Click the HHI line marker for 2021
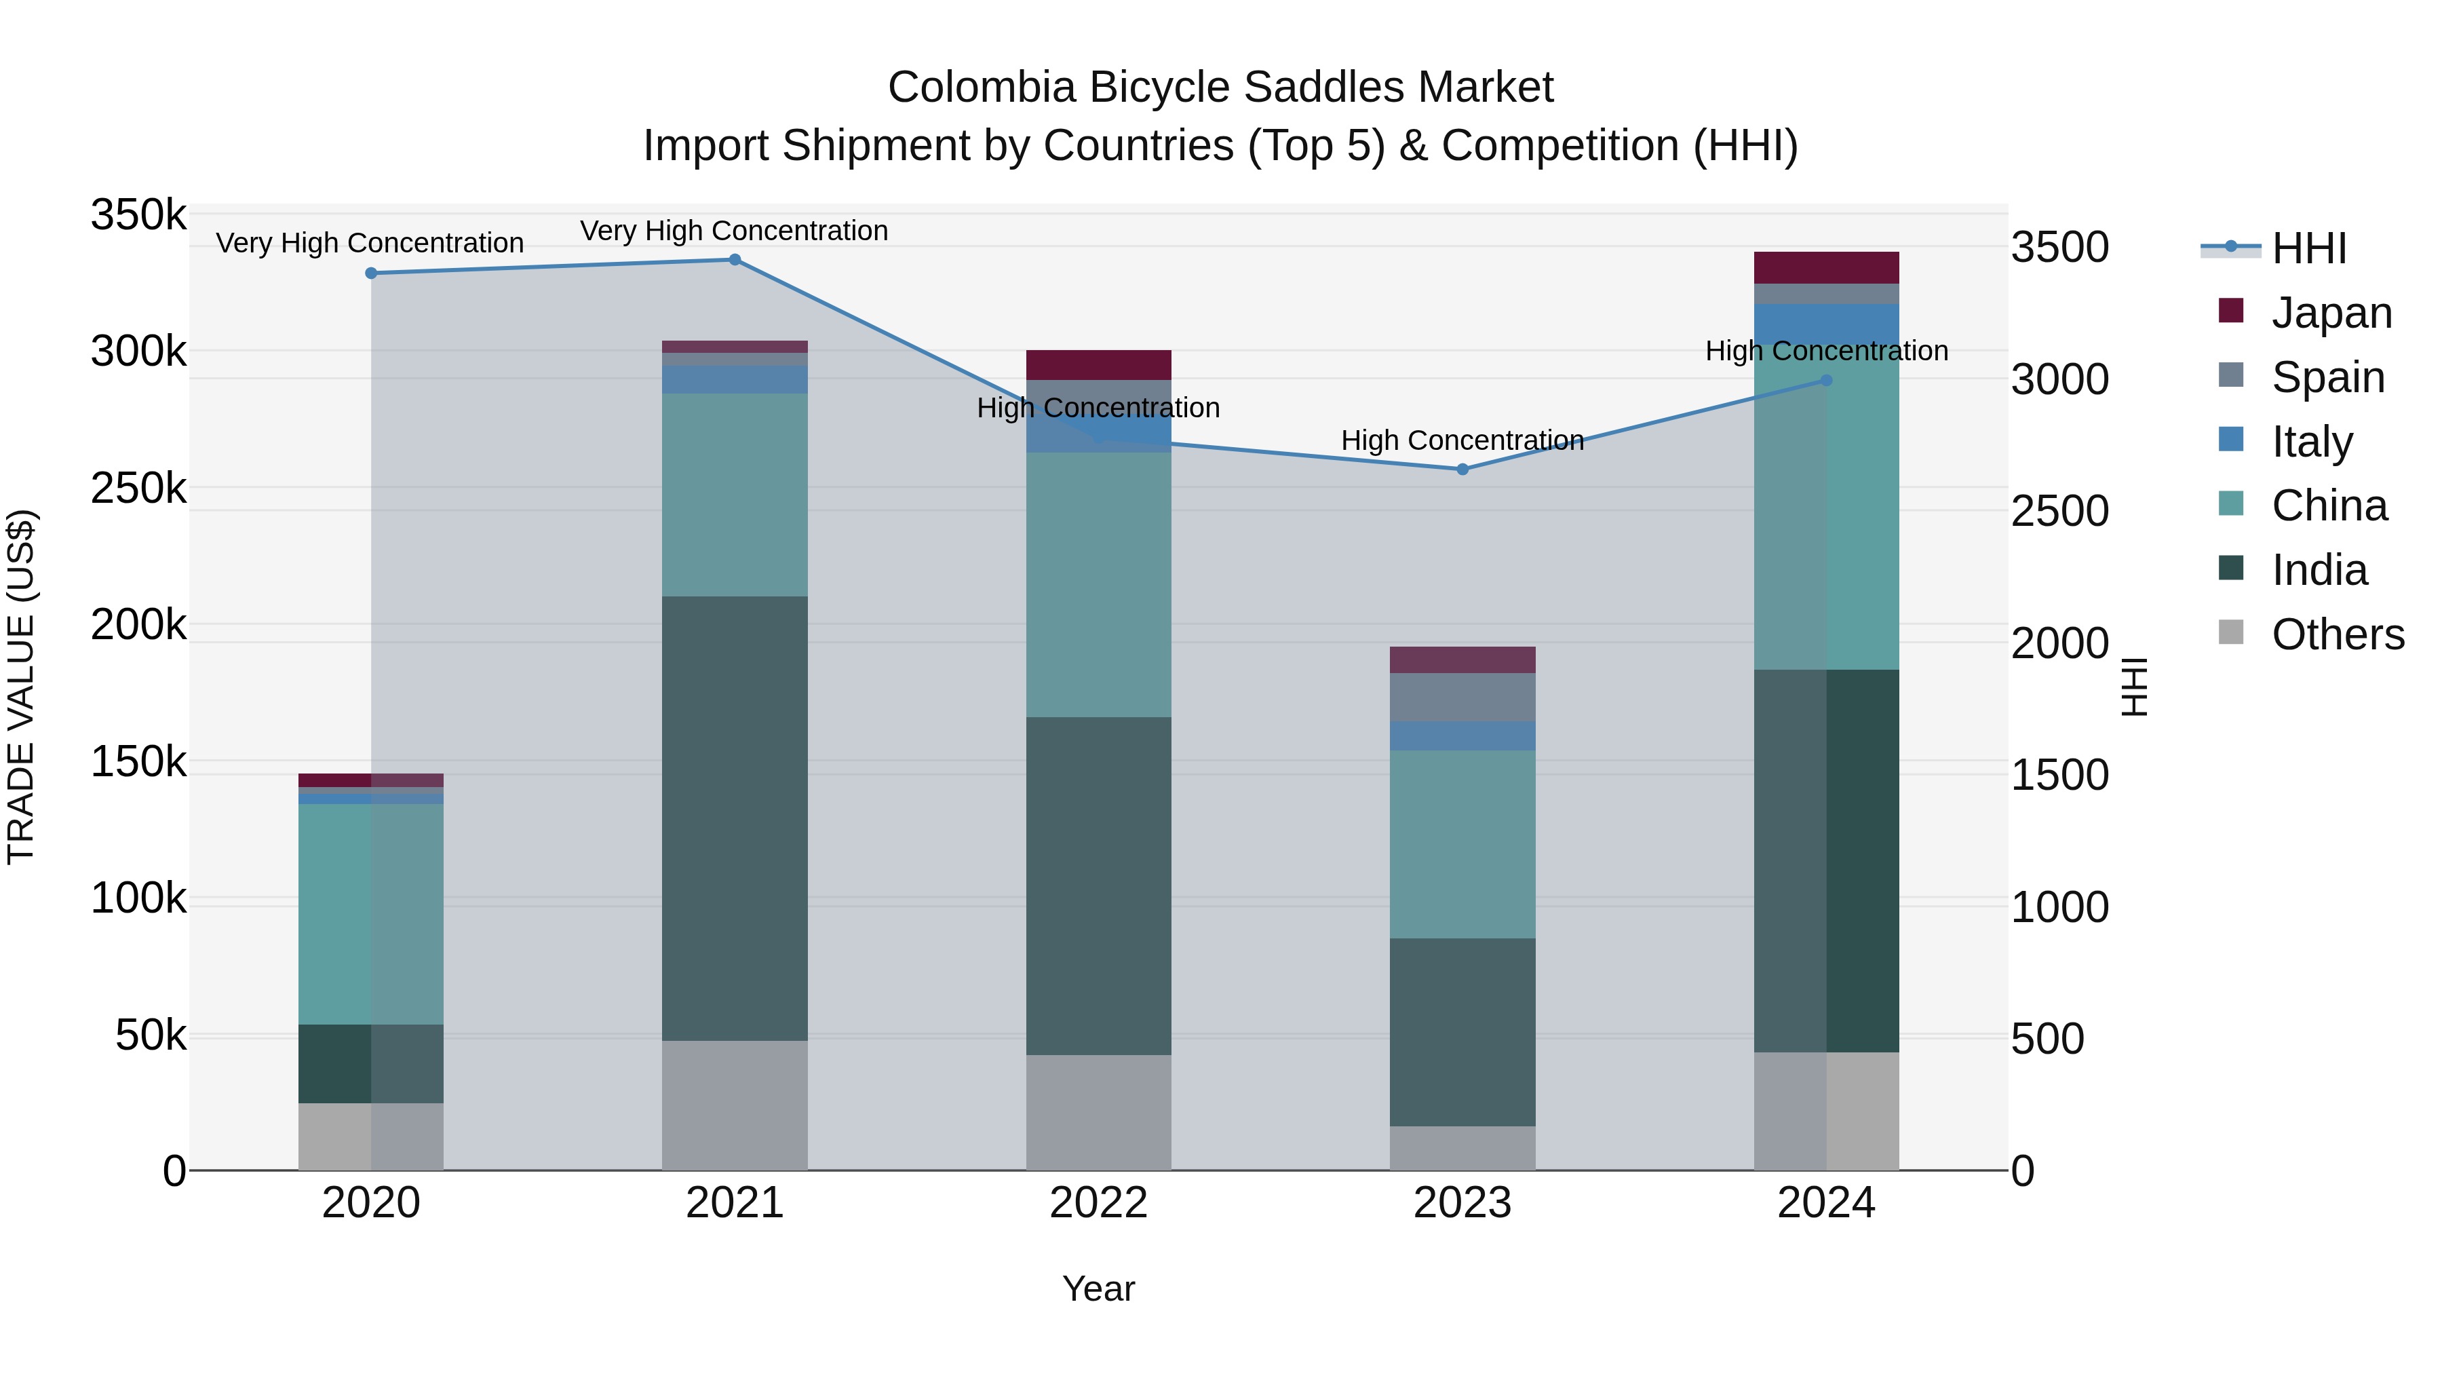pos(735,260)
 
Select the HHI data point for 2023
pos(1462,470)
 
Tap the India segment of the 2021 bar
pos(735,818)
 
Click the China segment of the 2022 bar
pos(1099,584)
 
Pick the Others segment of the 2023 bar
pos(1462,1147)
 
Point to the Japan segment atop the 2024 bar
pos(1826,267)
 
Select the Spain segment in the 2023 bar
pos(1462,697)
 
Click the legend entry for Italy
pos(2311,442)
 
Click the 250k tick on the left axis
pos(138,489)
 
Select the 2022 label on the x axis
pos(1099,1203)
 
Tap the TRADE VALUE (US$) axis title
pos(22,687)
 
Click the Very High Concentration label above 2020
pos(370,243)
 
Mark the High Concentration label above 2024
pos(1826,351)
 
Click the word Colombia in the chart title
pos(981,88)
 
